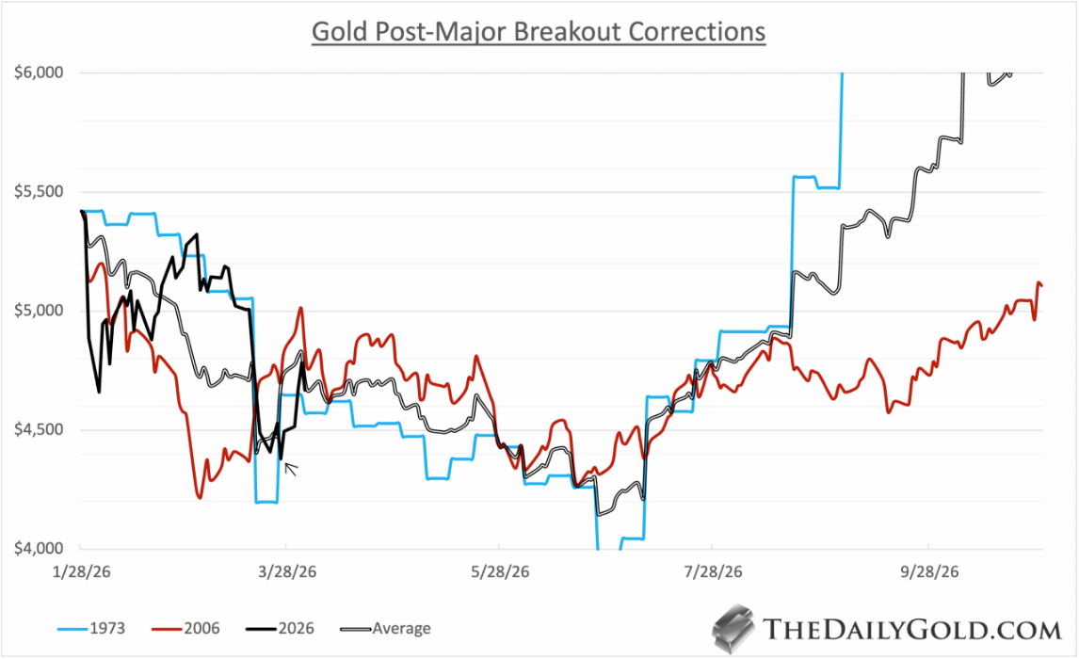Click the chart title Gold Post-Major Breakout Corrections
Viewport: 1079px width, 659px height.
[x=539, y=31]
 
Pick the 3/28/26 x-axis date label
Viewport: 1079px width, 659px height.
[x=285, y=571]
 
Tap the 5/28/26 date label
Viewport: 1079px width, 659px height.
[x=498, y=571]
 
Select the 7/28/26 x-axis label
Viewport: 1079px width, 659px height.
[x=713, y=571]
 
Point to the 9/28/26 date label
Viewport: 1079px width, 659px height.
[x=928, y=571]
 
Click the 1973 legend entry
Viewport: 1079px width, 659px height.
[x=93, y=628]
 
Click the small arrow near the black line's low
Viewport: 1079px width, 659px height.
[x=291, y=468]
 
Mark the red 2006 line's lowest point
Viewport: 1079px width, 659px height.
[x=200, y=496]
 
